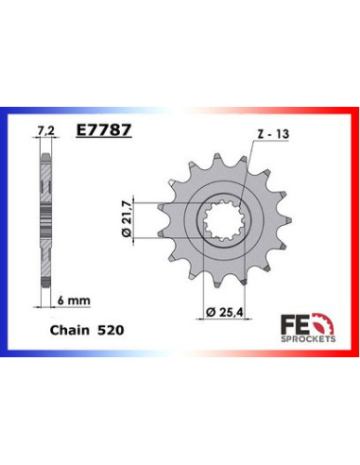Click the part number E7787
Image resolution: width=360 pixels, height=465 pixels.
pos(104,129)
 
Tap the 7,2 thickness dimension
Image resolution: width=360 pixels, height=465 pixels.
pos(46,130)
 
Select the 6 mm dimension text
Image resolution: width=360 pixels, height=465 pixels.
pos(74,300)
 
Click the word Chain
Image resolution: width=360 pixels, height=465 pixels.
pos(70,330)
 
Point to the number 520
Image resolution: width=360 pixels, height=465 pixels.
pos(111,330)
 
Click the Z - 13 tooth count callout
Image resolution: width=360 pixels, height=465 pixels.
pos(273,134)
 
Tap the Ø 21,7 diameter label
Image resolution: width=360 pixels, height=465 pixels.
pos(127,219)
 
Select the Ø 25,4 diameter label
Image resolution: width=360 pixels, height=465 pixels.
pos(225,312)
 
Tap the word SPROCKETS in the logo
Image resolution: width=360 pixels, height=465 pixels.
pos(308,339)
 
